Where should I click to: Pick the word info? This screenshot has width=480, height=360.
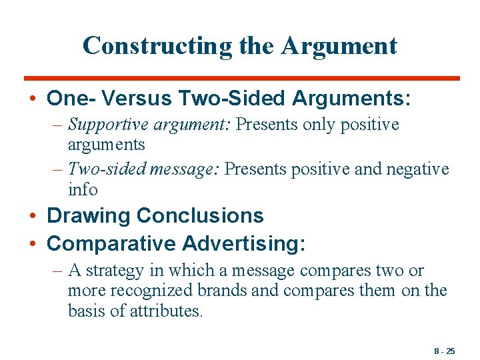[83, 189]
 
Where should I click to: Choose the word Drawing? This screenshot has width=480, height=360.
[88, 216]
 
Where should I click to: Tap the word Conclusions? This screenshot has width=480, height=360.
[199, 216]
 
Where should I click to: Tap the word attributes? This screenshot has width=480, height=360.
[167, 311]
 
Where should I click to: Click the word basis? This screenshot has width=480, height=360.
[84, 311]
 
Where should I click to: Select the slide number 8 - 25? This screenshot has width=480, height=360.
[443, 351]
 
